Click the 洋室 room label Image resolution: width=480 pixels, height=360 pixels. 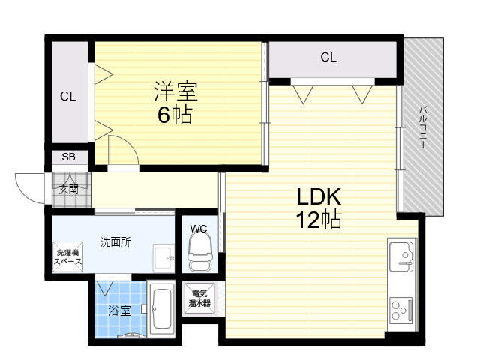tap(175, 91)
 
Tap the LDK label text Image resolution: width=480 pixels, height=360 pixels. tap(319, 196)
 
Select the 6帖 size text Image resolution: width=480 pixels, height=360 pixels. tap(175, 115)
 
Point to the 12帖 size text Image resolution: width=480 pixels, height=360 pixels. tap(319, 220)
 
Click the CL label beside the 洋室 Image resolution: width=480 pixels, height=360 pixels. tap(68, 97)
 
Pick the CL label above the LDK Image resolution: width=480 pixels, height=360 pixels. tap(328, 57)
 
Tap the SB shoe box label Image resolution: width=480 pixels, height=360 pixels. tap(68, 157)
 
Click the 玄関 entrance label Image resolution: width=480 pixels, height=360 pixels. tap(69, 190)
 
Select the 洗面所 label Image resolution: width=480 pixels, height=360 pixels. tap(115, 241)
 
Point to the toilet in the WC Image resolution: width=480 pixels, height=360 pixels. tap(200, 253)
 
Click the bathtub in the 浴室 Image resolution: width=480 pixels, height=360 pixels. tap(162, 309)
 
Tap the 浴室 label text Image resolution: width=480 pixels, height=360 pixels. tap(119, 310)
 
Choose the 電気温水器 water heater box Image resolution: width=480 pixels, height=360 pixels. tap(199, 298)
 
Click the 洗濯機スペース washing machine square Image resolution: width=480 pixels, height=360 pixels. tap(67, 256)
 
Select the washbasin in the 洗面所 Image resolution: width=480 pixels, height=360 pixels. tap(163, 258)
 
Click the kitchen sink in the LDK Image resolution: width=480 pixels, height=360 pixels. tap(402, 256)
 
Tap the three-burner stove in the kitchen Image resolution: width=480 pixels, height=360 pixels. tap(401, 309)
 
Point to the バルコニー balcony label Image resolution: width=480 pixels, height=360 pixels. tap(423, 127)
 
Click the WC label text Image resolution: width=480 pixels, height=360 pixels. tap(198, 229)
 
